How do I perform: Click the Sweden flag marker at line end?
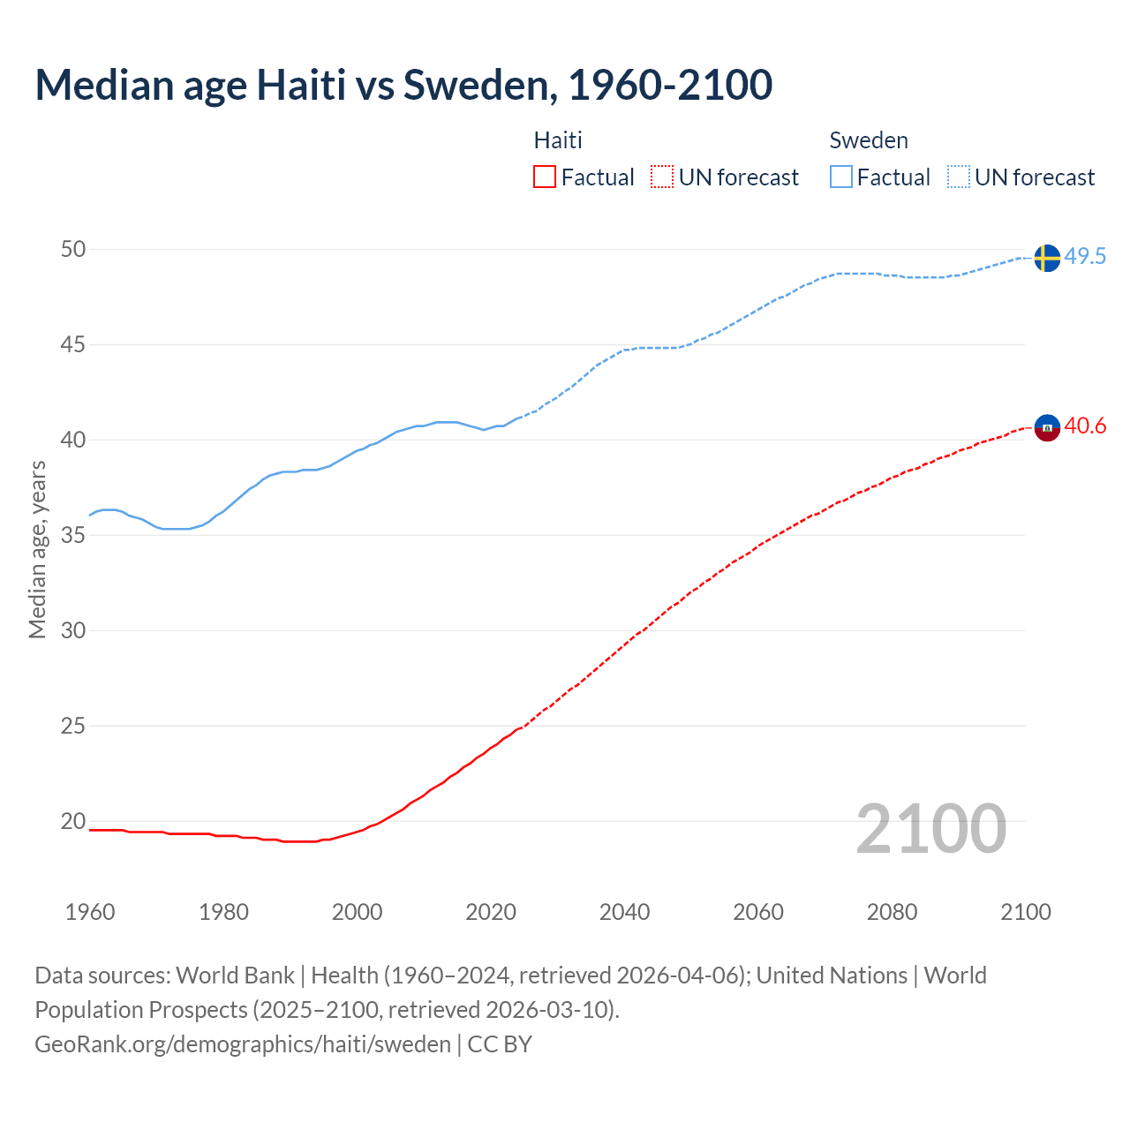pos(1046,258)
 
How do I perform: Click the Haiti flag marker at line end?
pos(1046,427)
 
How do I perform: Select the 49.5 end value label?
pos(1085,257)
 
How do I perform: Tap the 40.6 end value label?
pos(1085,426)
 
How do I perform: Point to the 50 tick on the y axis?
pos(73,250)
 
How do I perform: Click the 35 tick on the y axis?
pos(73,536)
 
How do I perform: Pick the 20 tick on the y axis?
pos(73,822)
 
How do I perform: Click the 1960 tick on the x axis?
pos(90,912)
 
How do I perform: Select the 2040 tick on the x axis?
pos(624,912)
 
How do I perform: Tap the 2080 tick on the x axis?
pos(892,912)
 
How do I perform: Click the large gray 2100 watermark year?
pos(930,829)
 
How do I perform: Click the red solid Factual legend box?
pos(545,177)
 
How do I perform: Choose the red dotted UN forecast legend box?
pos(662,177)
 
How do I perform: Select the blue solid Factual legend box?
pos(841,177)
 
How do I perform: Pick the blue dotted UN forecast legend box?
pos(959,177)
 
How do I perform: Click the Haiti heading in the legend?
pos(558,140)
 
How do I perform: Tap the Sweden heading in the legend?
pos(869,140)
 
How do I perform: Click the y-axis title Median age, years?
pos(37,549)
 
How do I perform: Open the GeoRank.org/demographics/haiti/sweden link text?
pos(243,1044)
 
